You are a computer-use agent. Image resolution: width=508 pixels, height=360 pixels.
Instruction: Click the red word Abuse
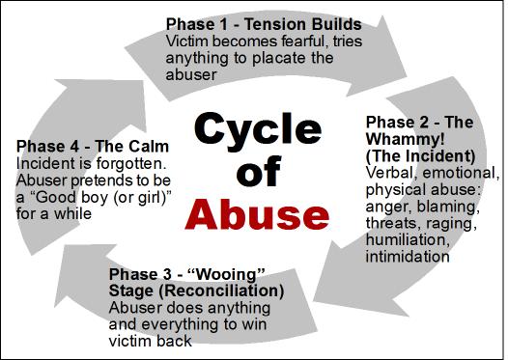(257, 213)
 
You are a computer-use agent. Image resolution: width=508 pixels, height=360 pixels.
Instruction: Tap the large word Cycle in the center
(258, 129)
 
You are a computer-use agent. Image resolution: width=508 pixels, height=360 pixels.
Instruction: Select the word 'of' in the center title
(258, 171)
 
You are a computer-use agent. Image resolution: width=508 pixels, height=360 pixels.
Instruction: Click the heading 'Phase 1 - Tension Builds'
(264, 24)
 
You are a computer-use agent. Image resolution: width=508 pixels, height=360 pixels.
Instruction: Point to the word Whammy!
(405, 139)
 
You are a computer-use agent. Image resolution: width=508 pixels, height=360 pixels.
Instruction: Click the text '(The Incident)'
(420, 156)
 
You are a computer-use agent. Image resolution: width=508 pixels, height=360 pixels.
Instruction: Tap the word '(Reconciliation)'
(221, 291)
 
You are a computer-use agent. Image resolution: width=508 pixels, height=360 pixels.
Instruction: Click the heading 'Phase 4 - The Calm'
(93, 147)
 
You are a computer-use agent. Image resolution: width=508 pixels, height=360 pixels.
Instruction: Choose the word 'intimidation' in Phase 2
(408, 257)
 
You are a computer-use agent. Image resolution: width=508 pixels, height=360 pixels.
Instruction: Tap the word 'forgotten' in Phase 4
(131, 163)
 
